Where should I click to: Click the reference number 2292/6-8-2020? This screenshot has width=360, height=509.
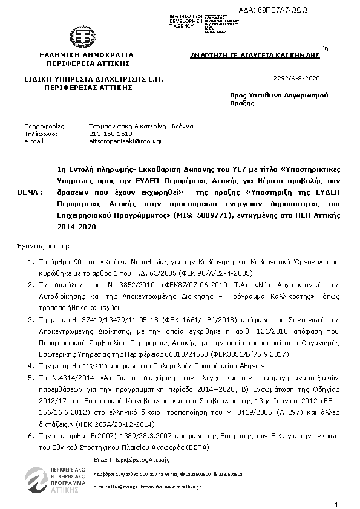click(296, 79)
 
